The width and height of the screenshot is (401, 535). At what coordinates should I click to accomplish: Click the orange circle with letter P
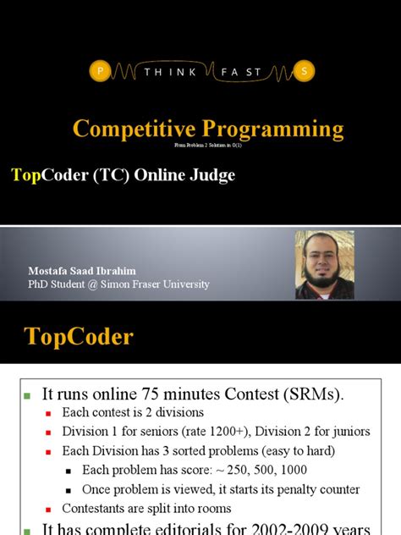102,73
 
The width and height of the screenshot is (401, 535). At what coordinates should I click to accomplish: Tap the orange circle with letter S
304,73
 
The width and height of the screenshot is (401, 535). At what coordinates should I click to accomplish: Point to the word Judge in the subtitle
214,176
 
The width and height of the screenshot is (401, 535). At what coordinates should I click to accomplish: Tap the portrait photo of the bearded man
324,266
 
